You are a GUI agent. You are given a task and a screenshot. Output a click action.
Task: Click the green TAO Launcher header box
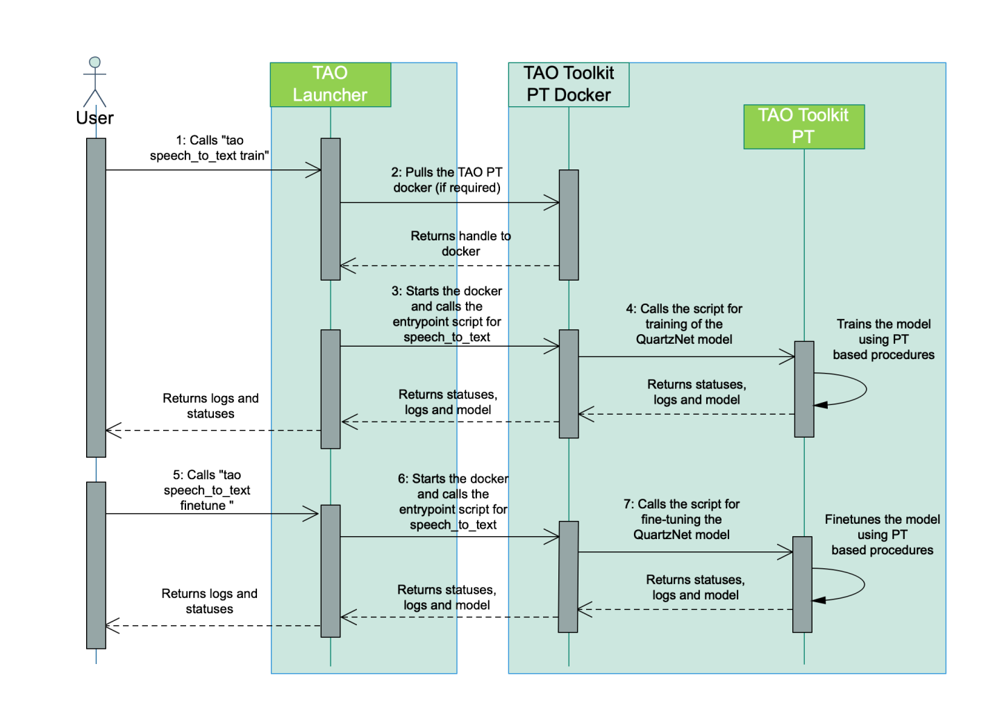coord(331,85)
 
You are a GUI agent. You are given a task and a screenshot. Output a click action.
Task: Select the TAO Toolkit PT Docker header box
coord(569,85)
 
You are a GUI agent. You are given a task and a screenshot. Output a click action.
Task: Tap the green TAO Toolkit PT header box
coord(803,126)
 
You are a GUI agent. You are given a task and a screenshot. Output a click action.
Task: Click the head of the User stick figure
coord(95,63)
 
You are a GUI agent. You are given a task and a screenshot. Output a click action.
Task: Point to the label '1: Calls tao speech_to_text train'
coord(210,148)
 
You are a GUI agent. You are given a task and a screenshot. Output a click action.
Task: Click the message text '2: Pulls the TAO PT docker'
coord(447,180)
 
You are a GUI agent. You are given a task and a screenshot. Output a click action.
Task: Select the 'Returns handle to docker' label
coord(460,244)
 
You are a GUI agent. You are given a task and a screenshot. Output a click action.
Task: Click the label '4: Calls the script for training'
coord(684,324)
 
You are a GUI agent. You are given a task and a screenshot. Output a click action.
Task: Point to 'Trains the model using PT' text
coord(883,339)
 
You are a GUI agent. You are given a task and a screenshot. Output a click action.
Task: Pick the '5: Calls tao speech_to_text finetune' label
coord(207,490)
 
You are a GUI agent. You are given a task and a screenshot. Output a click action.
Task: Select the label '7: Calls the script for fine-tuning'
coord(681,519)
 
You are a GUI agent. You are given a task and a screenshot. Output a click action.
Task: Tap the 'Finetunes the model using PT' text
coord(882,534)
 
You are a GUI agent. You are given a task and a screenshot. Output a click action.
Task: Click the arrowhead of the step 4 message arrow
coord(787,357)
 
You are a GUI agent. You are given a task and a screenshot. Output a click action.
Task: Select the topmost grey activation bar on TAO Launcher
coord(331,208)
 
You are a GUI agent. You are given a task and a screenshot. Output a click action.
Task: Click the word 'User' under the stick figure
coord(95,118)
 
